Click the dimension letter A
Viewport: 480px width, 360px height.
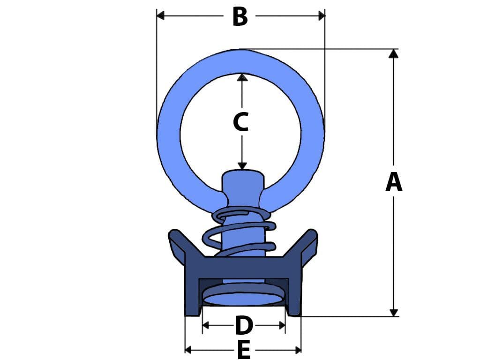393,183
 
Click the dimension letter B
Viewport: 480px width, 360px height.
240,17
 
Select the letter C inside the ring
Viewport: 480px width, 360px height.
241,122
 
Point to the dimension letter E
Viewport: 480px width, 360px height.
243,350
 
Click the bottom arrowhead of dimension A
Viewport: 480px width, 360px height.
393,312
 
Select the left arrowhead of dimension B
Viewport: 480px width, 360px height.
160,16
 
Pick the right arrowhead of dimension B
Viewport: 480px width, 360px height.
322,16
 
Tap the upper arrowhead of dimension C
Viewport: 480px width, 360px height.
242,77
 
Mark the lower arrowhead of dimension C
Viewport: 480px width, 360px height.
242,165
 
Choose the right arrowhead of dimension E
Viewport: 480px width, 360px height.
297,350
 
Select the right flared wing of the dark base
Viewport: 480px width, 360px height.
307,244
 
